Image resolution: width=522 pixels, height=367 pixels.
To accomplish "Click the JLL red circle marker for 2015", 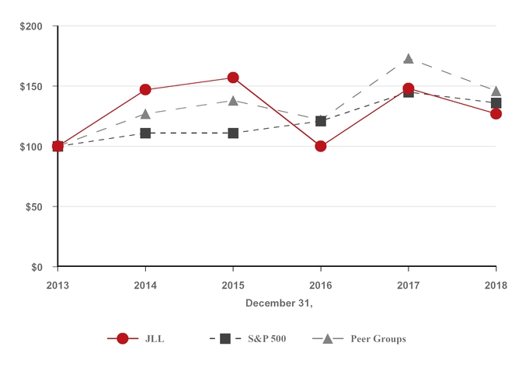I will coord(233,78).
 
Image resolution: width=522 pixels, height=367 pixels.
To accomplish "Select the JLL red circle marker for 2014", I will coord(145,89).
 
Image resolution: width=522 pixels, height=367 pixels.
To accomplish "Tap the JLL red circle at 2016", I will coord(321,146).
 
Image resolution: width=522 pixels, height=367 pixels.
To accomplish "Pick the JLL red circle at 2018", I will coord(496,113).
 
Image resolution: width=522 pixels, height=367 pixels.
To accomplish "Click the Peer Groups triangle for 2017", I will coord(409,59).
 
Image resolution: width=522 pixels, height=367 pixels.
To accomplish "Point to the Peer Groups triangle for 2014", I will coord(145,114).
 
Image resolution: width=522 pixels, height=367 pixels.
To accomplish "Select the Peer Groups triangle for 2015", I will coord(233,101).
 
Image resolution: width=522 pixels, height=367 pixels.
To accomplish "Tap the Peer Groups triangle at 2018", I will coord(496,92).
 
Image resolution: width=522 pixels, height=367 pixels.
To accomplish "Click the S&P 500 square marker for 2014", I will coord(145,133).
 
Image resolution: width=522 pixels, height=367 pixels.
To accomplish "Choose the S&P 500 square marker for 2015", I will coord(233,133).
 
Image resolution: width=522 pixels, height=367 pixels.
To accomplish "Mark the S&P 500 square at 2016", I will coord(321,121).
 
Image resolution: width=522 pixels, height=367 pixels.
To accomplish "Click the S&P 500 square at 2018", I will coord(496,102).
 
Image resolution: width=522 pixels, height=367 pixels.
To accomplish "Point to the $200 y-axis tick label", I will coord(31,26).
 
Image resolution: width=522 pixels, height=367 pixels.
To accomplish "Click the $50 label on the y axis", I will coord(34,207).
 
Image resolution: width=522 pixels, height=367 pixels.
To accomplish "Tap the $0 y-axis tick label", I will coord(37,268).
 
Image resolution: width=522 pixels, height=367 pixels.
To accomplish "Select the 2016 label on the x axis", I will coord(321,285).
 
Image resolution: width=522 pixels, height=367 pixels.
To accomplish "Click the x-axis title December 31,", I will coord(279,303).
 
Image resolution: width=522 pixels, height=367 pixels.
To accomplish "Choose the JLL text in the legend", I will coord(155,339).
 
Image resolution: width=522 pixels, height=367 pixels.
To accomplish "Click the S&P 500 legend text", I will coord(266,339).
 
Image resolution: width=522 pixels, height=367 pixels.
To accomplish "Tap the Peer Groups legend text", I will coord(378,339).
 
